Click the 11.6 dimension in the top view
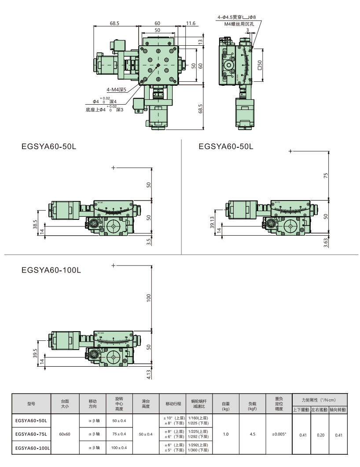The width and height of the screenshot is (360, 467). (x=190, y=23)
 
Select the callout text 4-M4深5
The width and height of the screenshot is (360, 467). (x=116, y=90)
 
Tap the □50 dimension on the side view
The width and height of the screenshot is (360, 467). (x=260, y=65)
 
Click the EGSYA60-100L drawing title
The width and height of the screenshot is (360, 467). (x=51, y=270)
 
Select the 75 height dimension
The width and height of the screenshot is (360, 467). (x=326, y=175)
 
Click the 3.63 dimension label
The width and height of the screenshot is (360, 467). (x=326, y=243)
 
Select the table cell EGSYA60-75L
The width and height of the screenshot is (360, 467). (x=31, y=434)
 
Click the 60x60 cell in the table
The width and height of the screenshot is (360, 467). (x=65, y=434)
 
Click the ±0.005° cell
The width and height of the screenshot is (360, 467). (x=279, y=434)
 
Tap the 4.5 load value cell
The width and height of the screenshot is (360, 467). (x=252, y=434)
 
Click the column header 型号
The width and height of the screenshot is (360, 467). (x=31, y=403)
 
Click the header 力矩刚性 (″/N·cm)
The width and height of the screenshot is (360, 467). (x=320, y=399)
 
